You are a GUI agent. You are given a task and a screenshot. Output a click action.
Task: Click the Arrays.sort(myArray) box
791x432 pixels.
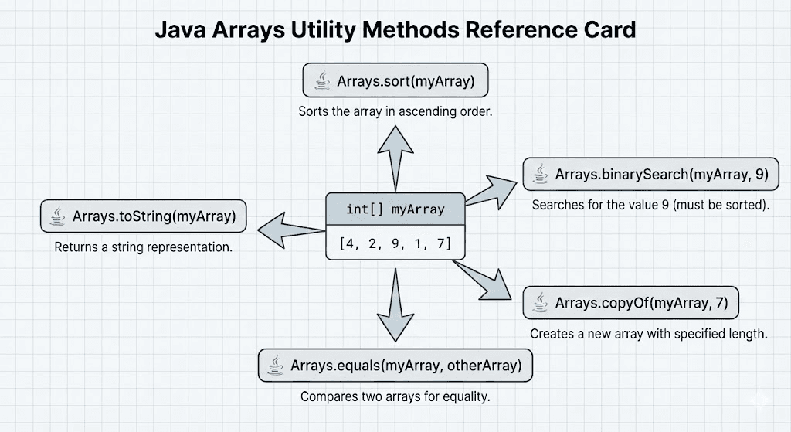pyautogui.click(x=395, y=80)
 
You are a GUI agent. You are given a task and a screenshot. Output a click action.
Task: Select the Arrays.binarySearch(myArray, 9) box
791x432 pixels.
pyautogui.click(x=650, y=175)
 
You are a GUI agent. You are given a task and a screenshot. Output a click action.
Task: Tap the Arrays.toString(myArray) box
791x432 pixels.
pyautogui.click(x=143, y=217)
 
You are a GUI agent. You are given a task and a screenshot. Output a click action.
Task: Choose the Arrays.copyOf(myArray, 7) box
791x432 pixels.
pyautogui.click(x=630, y=303)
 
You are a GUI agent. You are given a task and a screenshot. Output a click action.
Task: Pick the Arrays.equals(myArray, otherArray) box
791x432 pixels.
pyautogui.click(x=395, y=365)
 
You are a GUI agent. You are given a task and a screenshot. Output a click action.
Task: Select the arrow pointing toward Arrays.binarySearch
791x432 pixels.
pyautogui.click(x=488, y=190)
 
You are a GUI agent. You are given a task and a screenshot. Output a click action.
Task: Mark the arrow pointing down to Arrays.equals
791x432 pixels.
pyautogui.click(x=395, y=305)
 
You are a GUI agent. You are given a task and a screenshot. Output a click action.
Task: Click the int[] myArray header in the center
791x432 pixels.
pyautogui.click(x=395, y=209)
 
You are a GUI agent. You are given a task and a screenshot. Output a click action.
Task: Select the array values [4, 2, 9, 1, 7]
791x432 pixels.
pyautogui.click(x=395, y=245)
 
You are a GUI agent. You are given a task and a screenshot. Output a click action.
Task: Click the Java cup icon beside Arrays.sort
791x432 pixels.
pyautogui.click(x=320, y=80)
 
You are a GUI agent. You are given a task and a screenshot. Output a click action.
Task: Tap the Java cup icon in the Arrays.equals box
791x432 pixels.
pyautogui.click(x=274, y=365)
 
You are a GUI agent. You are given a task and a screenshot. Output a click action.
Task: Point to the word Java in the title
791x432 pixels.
pyautogui.click(x=182, y=30)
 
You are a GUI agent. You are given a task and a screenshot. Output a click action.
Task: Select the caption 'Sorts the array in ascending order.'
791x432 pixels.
pyautogui.click(x=395, y=111)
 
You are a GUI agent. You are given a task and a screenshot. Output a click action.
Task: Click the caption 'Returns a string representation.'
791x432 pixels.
pyautogui.click(x=143, y=248)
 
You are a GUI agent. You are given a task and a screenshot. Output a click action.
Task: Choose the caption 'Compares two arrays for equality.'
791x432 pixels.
pyautogui.click(x=395, y=396)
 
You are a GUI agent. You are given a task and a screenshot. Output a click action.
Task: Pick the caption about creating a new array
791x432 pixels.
pyautogui.click(x=647, y=334)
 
